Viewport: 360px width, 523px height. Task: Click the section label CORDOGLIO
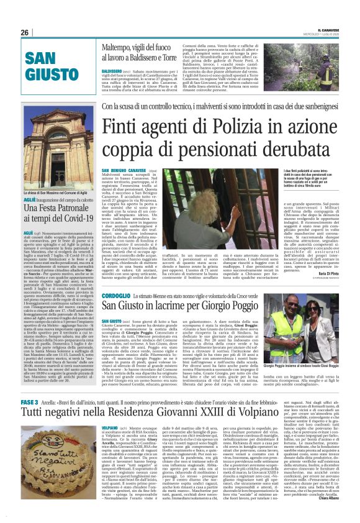point(116,298)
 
